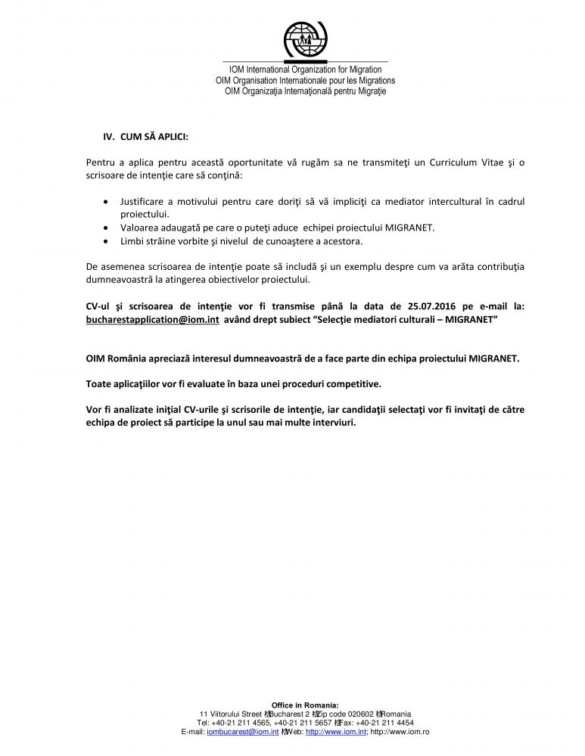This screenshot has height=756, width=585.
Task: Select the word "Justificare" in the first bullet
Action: (x=145, y=202)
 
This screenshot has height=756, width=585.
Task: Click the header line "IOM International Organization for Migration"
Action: (x=305, y=70)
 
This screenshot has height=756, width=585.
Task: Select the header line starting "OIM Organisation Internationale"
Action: (x=305, y=80)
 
